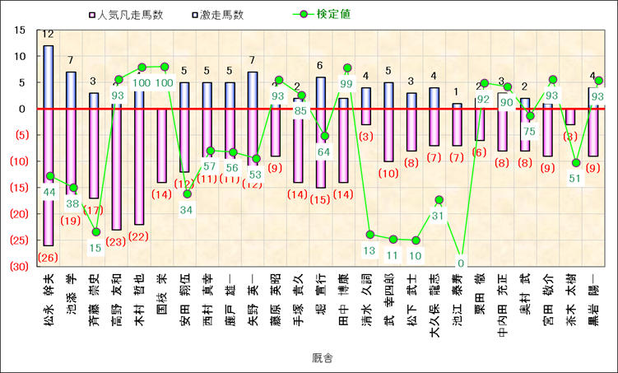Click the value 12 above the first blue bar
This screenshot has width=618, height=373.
coord(49,35)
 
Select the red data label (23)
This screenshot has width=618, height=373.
coord(116,241)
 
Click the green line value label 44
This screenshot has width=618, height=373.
coord(49,192)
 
